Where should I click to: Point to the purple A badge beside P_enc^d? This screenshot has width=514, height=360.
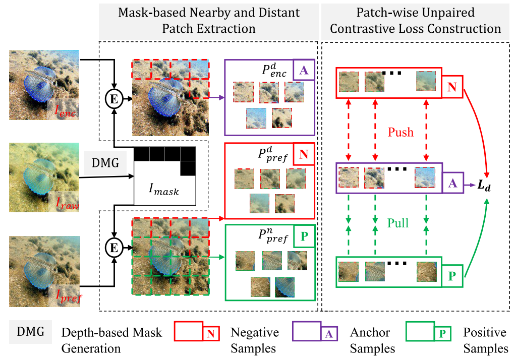tap(304, 71)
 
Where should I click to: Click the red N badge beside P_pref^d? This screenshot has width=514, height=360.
tap(304, 154)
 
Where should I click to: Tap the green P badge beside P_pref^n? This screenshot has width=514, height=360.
tap(304, 236)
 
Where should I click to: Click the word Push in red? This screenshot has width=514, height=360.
tap(401, 132)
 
